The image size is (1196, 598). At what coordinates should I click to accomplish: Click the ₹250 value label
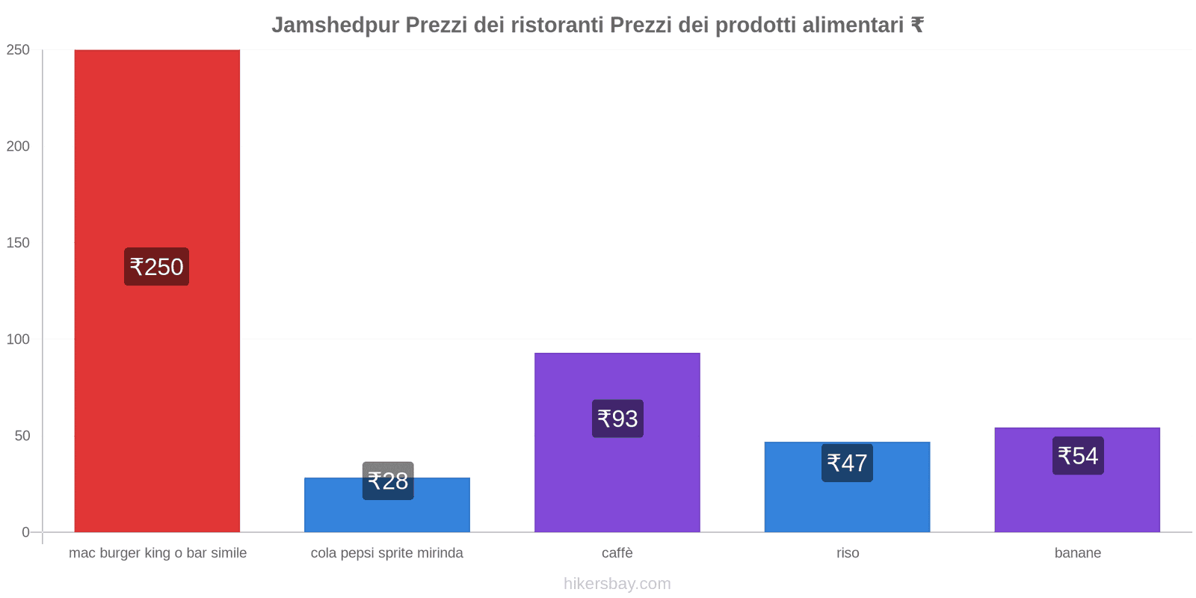[156, 267]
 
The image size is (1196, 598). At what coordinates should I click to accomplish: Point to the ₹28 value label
[388, 481]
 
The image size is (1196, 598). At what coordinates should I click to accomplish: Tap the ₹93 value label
[617, 419]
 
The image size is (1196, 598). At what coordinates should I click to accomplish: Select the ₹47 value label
[847, 463]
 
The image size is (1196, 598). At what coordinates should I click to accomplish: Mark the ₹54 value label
[1078, 455]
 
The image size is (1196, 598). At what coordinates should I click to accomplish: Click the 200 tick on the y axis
[18, 147]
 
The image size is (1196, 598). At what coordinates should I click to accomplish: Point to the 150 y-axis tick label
[18, 243]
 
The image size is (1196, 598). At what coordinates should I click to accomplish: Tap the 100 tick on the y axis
[18, 339]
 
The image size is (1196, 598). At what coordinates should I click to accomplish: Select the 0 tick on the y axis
[25, 532]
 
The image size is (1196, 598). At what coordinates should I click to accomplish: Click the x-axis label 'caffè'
[617, 553]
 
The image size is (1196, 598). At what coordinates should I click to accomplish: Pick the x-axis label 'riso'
[848, 553]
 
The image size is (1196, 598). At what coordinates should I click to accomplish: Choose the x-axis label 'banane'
[1077, 553]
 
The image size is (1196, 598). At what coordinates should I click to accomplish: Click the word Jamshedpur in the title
[335, 25]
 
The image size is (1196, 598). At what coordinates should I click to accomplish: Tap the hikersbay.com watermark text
[617, 584]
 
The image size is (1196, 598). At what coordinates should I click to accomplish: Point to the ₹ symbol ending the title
[917, 25]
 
